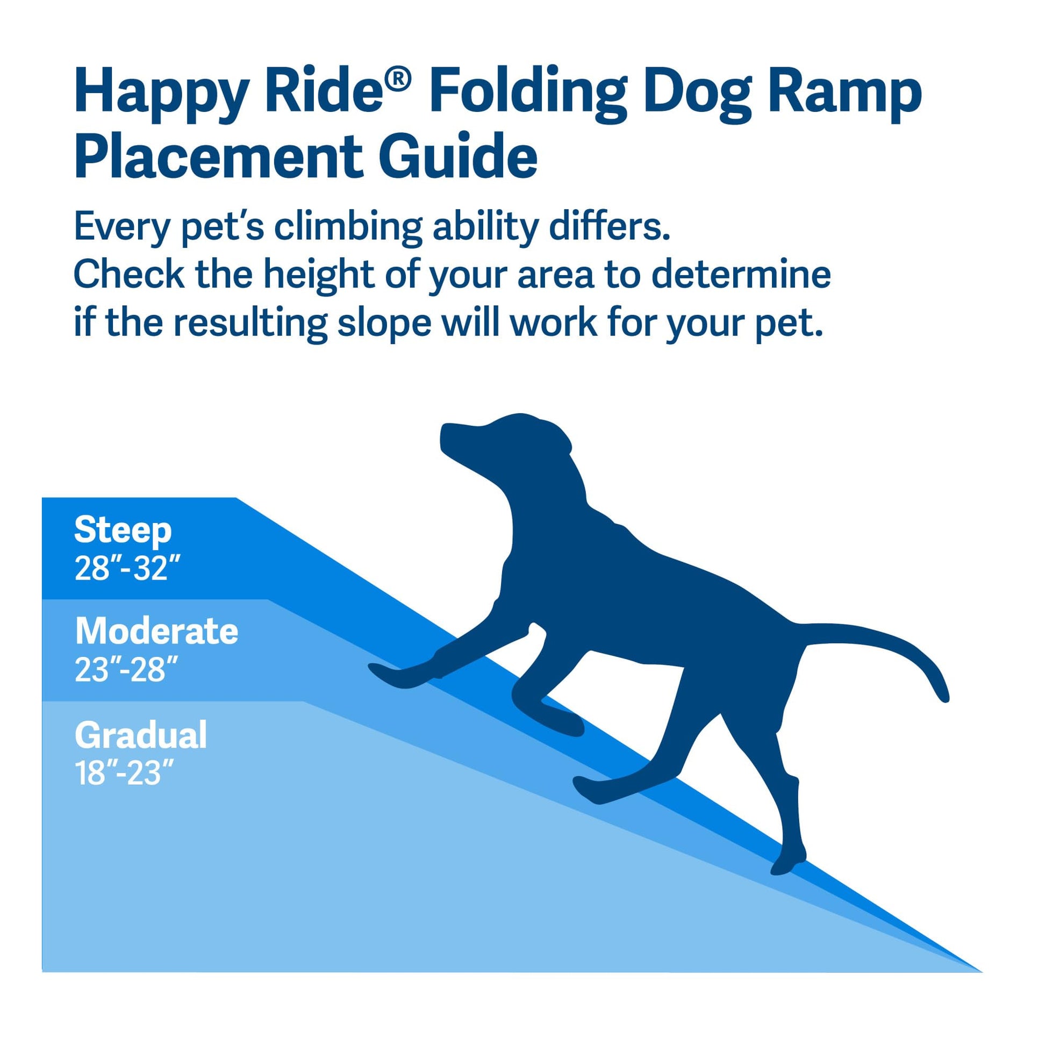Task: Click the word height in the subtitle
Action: point(319,275)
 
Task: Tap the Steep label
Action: point(123,530)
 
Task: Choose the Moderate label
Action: point(156,631)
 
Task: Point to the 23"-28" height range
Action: point(127,670)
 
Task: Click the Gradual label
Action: point(141,735)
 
